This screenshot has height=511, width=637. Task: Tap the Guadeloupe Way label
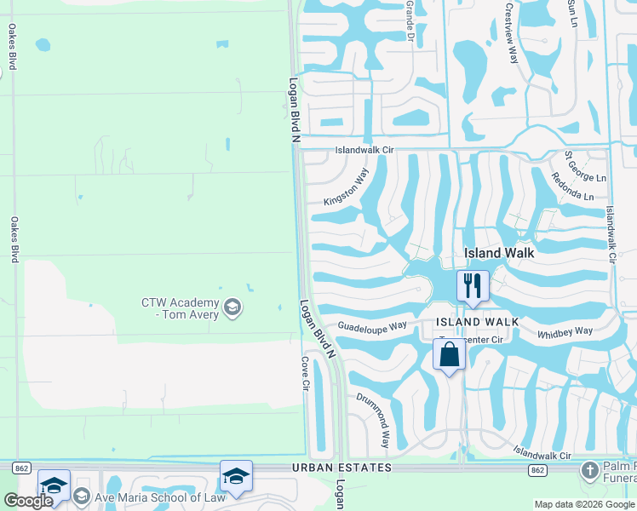(x=372, y=326)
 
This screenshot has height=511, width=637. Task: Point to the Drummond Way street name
(x=373, y=421)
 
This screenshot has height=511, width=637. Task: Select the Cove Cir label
(x=304, y=373)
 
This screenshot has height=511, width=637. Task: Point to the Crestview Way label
(x=512, y=32)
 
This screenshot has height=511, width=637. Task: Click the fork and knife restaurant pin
(x=473, y=285)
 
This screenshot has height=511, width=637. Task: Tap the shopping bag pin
(x=450, y=353)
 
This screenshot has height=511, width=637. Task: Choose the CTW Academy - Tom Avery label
(x=180, y=308)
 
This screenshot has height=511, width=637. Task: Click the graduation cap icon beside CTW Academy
(x=232, y=306)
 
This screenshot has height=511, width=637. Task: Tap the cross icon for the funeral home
(x=588, y=470)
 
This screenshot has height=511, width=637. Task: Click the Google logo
(x=28, y=501)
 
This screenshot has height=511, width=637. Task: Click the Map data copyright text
(x=585, y=504)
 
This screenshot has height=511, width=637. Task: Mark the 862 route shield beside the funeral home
(x=537, y=469)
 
